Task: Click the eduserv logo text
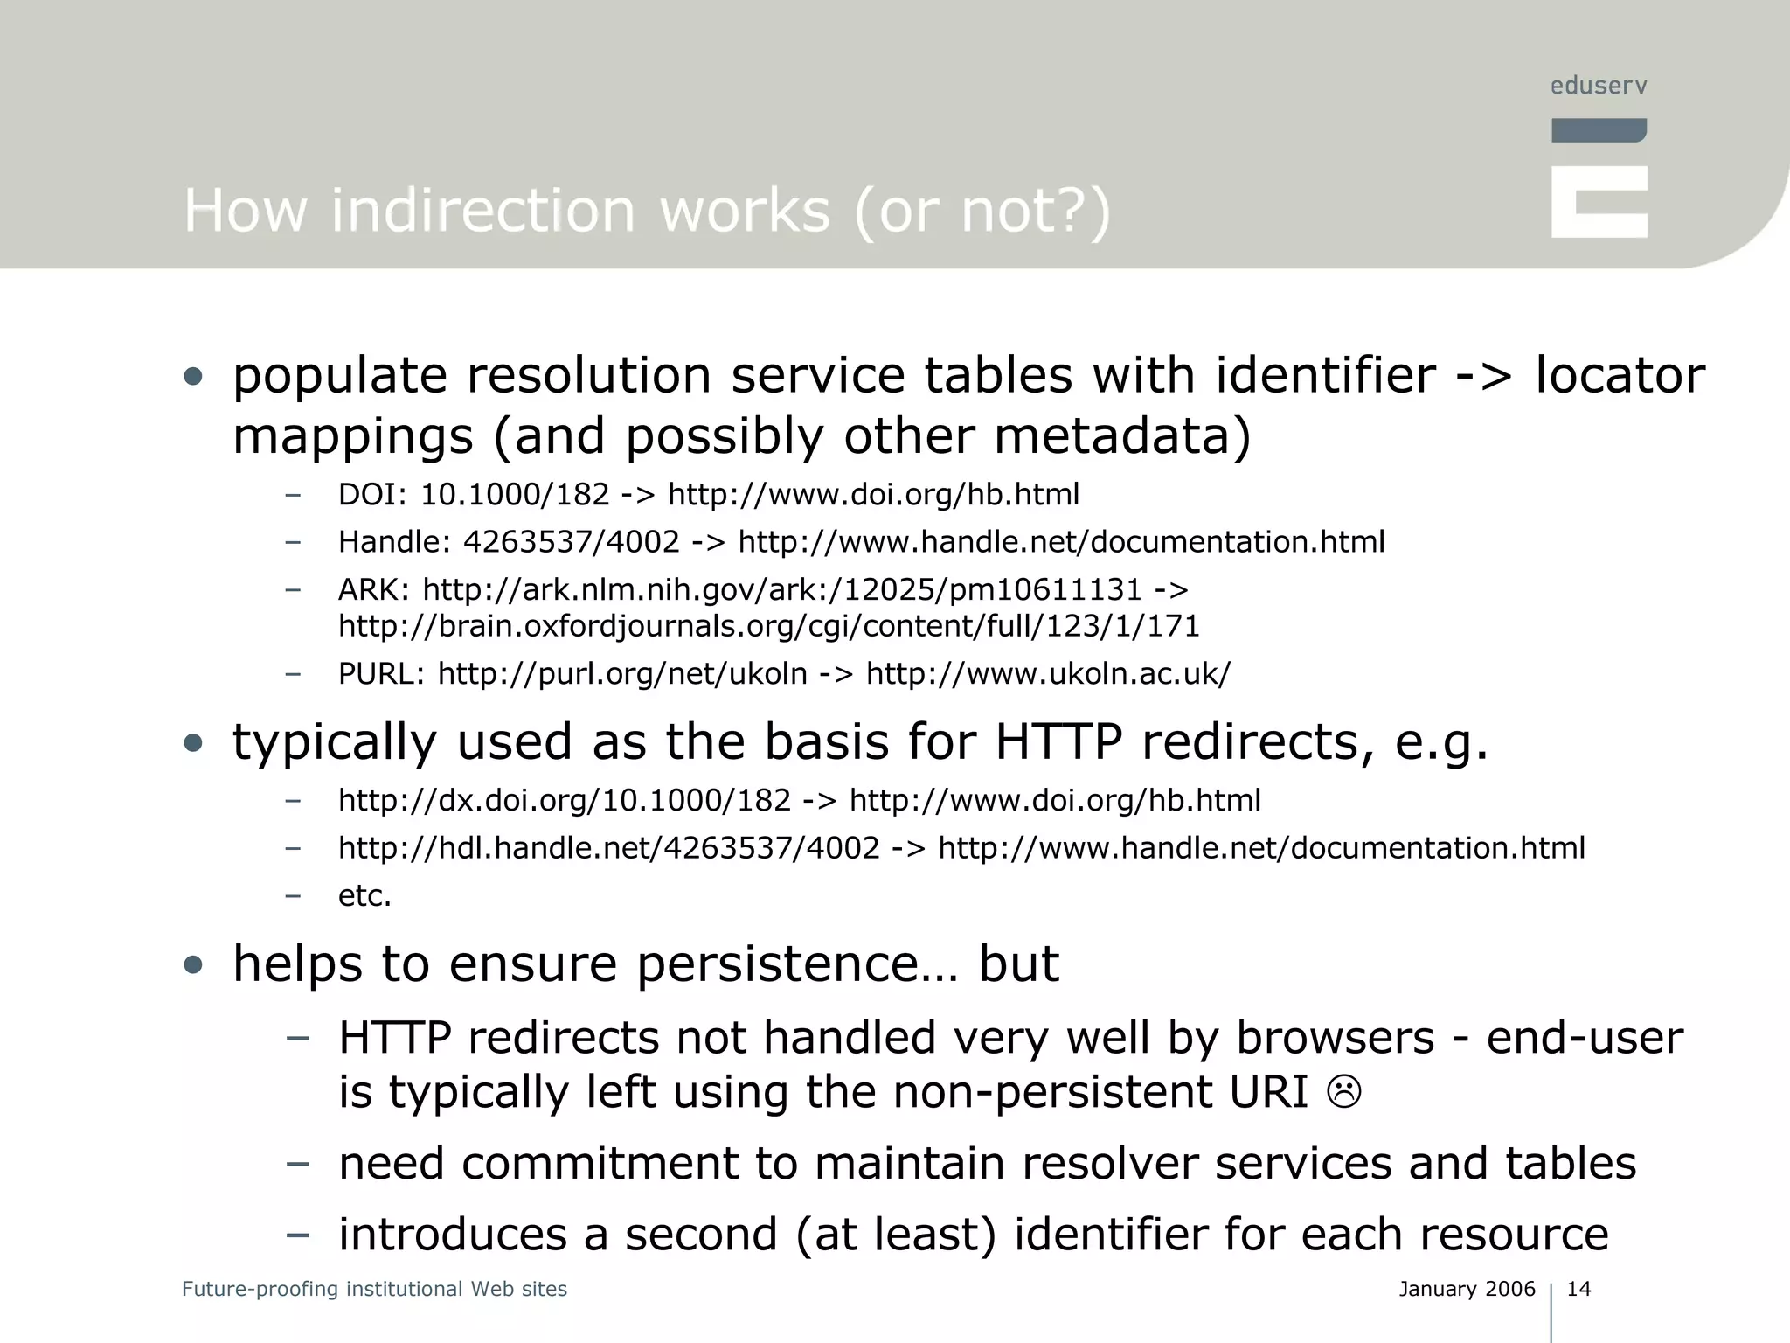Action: [x=1599, y=86]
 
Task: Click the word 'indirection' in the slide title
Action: [x=482, y=211]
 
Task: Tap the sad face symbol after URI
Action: [x=1344, y=1092]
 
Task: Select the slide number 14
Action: [x=1578, y=1289]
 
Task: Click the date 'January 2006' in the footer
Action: [x=1467, y=1289]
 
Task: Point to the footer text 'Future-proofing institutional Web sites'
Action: [x=374, y=1289]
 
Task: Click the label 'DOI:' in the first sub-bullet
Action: [x=373, y=495]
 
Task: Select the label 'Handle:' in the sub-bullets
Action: [x=394, y=542]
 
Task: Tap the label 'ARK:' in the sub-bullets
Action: [x=374, y=590]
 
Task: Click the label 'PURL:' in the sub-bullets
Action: [x=382, y=674]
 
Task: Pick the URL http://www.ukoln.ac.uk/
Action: [x=1048, y=674]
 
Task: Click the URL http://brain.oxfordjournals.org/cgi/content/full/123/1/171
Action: [x=768, y=626]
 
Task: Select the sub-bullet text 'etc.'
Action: [x=364, y=895]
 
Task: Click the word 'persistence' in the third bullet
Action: [x=777, y=964]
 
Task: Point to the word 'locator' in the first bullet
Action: [x=1620, y=376]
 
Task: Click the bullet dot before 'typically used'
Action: [x=193, y=743]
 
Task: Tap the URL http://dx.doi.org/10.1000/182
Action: [x=564, y=801]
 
